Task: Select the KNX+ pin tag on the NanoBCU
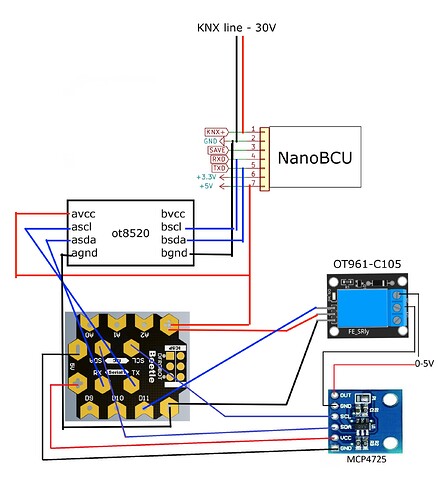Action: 215,132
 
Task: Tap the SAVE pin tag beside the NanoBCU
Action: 216,150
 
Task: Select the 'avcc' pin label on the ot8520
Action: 82,213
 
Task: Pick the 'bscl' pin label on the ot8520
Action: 175,227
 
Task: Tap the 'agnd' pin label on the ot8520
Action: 83,255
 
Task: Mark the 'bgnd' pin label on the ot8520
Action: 176,255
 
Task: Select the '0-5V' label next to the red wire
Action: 424,364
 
